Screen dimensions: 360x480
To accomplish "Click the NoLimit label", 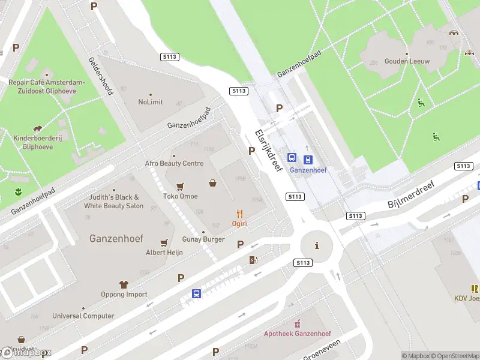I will tap(150, 102).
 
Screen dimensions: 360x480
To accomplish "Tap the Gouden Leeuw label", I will tap(407, 61).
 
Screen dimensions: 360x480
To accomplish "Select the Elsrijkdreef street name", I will tap(268, 151).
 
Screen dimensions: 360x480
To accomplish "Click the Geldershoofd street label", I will tap(101, 76).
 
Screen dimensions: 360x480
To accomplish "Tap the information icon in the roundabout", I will tap(317, 245).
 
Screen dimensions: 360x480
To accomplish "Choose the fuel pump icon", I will tap(253, 260).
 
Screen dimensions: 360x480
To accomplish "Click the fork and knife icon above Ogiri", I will tap(240, 213).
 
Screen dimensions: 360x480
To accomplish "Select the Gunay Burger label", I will tap(203, 239).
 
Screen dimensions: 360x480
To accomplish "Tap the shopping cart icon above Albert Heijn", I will tap(164, 243).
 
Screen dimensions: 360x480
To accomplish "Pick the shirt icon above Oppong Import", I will tap(124, 284).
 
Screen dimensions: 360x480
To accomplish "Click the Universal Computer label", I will tap(83, 316).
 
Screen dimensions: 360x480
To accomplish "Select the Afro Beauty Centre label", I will tap(174, 163).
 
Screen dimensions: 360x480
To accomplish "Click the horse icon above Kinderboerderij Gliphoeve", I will tap(38, 128).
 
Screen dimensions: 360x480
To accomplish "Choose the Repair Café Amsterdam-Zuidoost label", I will tap(47, 86).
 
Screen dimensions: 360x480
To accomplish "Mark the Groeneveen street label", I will tap(322, 349).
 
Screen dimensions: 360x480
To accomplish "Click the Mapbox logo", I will tap(26, 353).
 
